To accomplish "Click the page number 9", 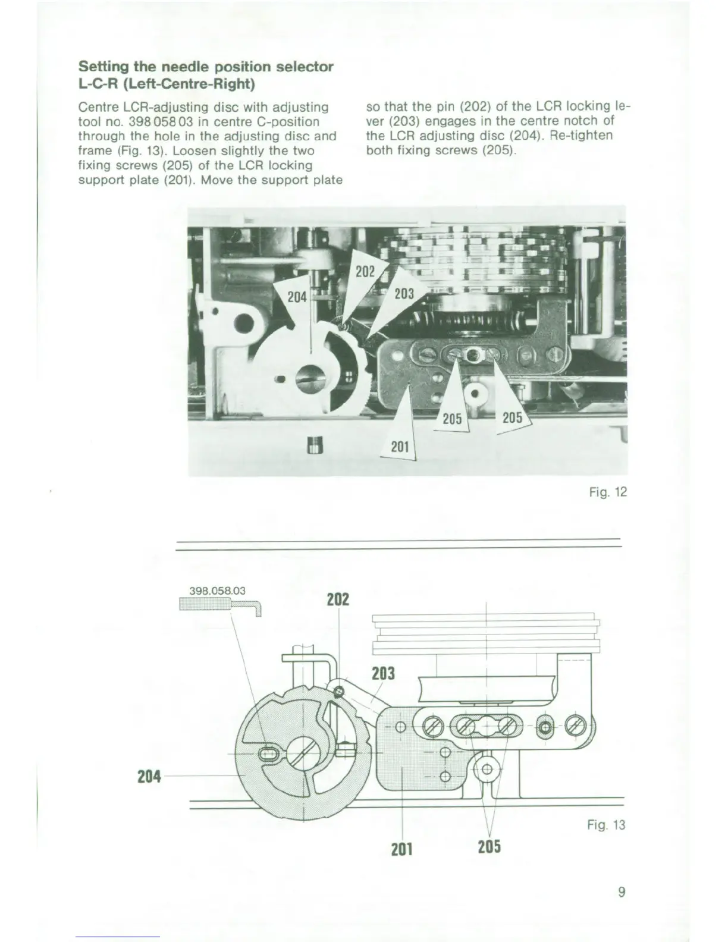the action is [x=621, y=892].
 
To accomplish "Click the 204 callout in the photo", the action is [x=297, y=296].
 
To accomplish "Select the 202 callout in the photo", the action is [x=365, y=272].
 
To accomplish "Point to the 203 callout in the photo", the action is [x=404, y=293].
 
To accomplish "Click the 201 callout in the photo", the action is [x=400, y=445].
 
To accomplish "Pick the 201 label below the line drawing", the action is [x=402, y=849].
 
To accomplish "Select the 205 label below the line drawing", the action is [x=489, y=846].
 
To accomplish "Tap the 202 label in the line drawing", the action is [x=338, y=599].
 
